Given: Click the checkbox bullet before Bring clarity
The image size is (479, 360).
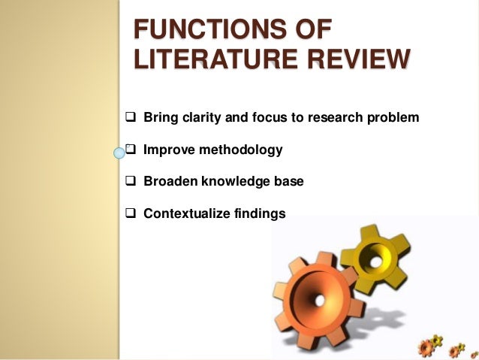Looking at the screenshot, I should [x=129, y=118].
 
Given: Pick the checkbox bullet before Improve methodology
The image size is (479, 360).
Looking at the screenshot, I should [x=129, y=150].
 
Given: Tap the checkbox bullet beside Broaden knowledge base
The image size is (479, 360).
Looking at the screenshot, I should [x=129, y=182].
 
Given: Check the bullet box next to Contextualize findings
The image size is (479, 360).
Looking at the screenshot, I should [x=129, y=213].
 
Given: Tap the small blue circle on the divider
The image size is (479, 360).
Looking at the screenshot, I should [x=118, y=154].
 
